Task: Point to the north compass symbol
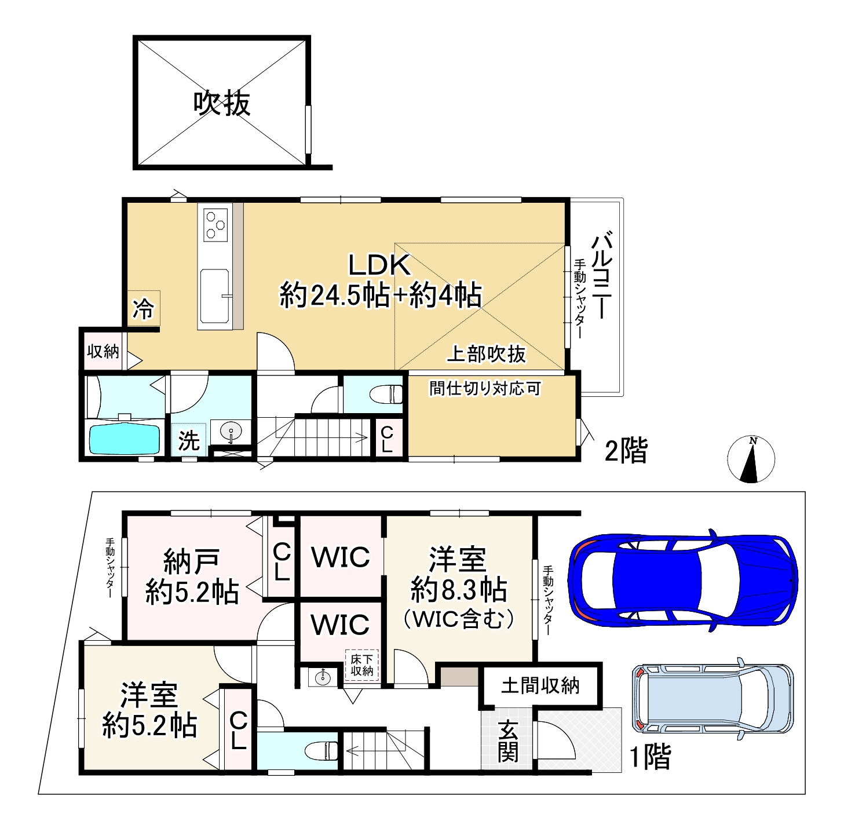coord(751,459)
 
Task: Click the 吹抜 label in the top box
coord(222,104)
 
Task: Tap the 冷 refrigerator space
coord(143,309)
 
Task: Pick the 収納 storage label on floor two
coord(103,351)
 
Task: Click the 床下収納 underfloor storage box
coord(361,665)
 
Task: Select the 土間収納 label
coord(540,685)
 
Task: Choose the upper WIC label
coord(340,557)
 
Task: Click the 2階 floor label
coord(626,450)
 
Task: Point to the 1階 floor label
coord(650,757)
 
